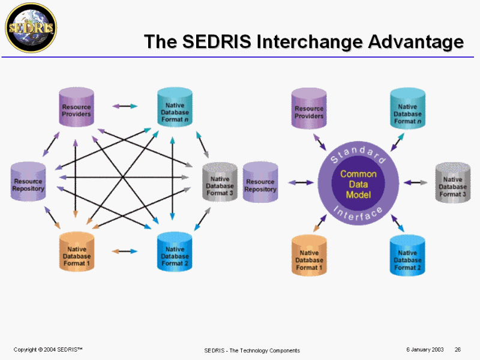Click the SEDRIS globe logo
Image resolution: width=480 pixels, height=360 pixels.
pyautogui.click(x=30, y=27)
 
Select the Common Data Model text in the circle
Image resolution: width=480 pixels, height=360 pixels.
pyautogui.click(x=358, y=184)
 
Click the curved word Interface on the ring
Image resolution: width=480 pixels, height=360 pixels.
pyautogui.click(x=358, y=213)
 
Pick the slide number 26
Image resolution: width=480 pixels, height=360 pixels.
pyautogui.click(x=458, y=349)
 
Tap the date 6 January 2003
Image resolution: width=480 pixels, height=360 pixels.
pyautogui.click(x=425, y=349)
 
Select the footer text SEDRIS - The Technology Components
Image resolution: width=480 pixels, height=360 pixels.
pyautogui.click(x=252, y=350)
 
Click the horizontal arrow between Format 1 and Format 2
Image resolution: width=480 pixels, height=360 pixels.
pyautogui.click(x=124, y=251)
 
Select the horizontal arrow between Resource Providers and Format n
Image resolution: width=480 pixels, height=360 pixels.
pyautogui.click(x=124, y=106)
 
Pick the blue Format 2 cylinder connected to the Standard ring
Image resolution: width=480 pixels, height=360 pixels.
pyautogui.click(x=407, y=255)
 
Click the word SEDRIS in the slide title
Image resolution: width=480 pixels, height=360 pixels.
pyautogui.click(x=217, y=42)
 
